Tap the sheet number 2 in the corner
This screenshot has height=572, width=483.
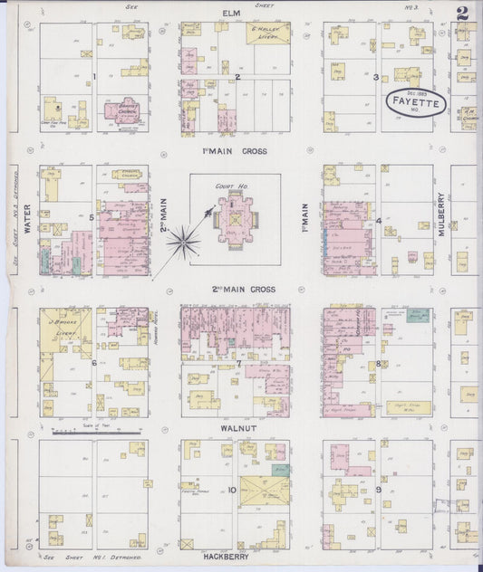tap(463, 12)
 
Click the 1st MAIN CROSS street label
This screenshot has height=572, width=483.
tap(236, 150)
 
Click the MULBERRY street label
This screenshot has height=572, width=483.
tap(442, 214)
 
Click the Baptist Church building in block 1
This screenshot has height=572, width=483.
tap(125, 112)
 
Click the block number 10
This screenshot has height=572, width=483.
tap(233, 491)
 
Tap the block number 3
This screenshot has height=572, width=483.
tap(375, 77)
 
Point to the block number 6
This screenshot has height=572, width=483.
tap(93, 363)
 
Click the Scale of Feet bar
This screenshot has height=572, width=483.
tap(97, 434)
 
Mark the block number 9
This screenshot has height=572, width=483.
tap(377, 490)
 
